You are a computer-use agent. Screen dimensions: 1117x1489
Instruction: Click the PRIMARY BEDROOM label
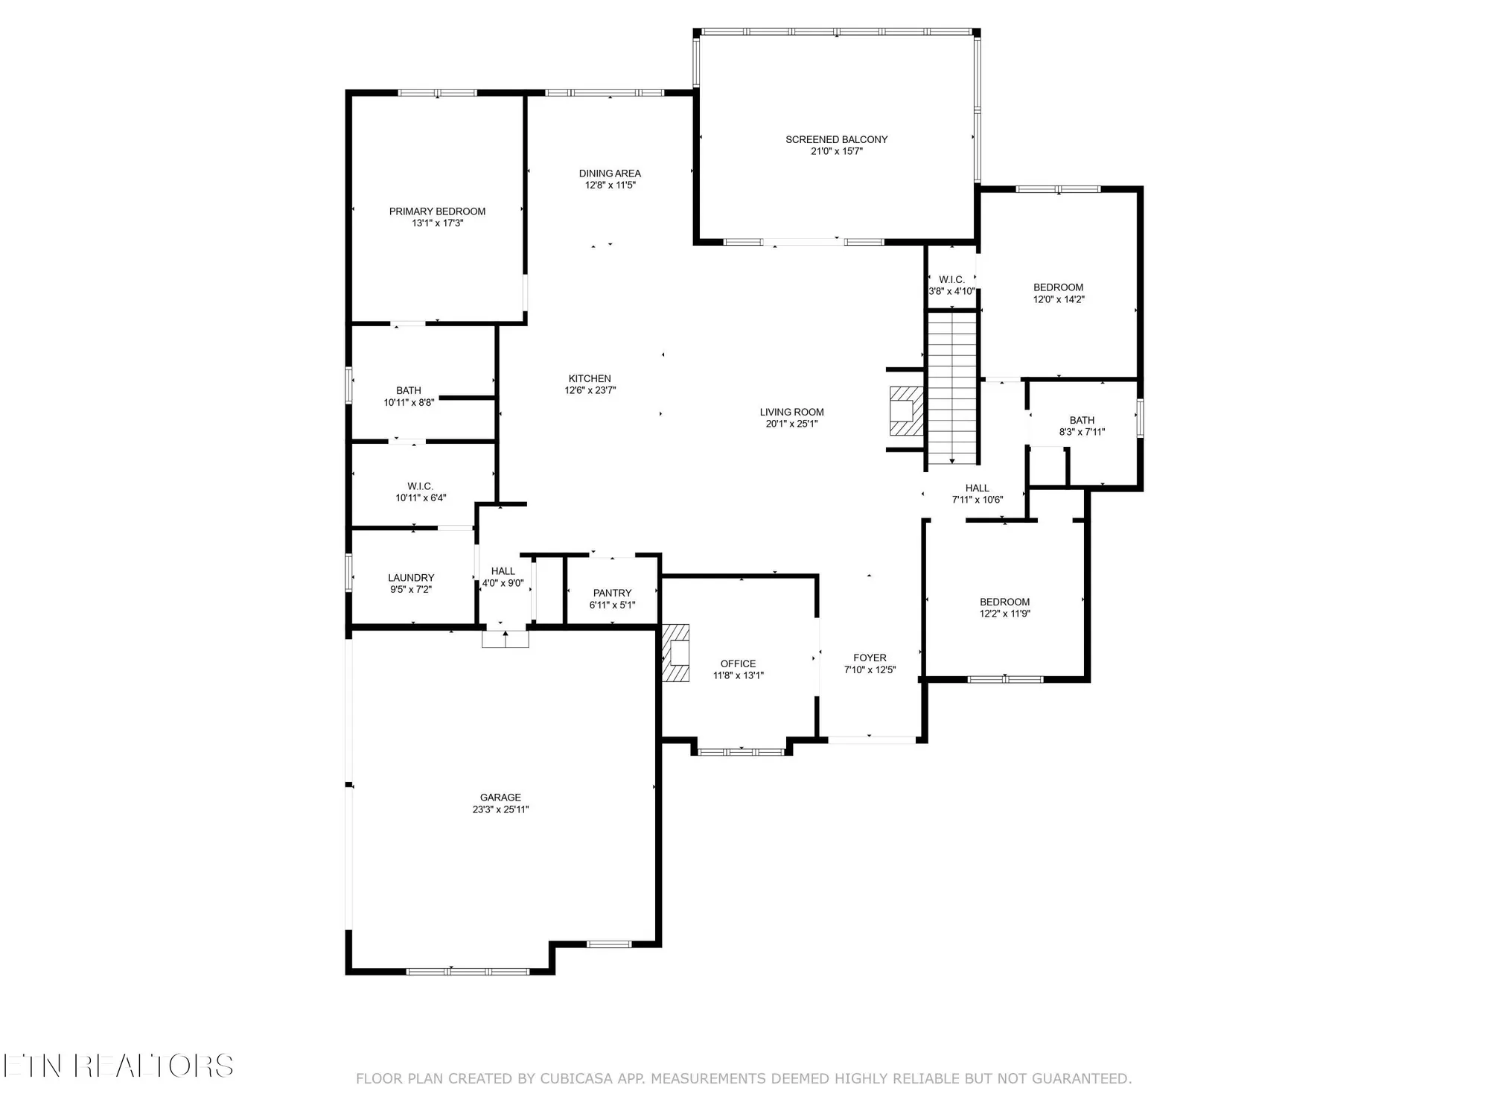click(x=437, y=211)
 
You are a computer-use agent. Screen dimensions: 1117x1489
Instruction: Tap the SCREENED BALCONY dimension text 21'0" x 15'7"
click(x=836, y=151)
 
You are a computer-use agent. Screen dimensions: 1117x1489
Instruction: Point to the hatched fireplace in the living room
click(x=905, y=411)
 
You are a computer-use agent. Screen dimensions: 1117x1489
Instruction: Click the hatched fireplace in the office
click(x=676, y=653)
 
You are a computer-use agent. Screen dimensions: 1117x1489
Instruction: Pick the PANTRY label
click(x=612, y=593)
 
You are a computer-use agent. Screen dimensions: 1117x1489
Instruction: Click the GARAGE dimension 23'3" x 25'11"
click(x=500, y=809)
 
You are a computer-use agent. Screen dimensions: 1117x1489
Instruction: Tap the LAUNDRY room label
click(x=411, y=578)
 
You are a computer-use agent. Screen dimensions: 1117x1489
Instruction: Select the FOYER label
click(x=870, y=658)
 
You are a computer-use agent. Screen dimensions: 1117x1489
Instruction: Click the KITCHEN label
click(x=590, y=378)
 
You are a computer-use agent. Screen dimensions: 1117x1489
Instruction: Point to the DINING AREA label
click(x=610, y=174)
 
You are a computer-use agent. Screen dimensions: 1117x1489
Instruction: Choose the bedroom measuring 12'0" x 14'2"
click(x=1058, y=293)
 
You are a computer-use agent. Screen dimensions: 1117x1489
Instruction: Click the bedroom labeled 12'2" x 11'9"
click(x=1004, y=608)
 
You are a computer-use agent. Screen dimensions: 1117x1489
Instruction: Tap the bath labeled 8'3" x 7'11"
click(x=1082, y=426)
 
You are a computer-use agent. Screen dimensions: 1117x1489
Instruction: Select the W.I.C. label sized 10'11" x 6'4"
click(x=421, y=491)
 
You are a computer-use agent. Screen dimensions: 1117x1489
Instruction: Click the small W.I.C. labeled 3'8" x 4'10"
click(x=951, y=285)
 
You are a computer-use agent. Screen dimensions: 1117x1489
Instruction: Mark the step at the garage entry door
click(x=506, y=639)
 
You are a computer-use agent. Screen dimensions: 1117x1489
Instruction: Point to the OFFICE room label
click(x=738, y=663)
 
